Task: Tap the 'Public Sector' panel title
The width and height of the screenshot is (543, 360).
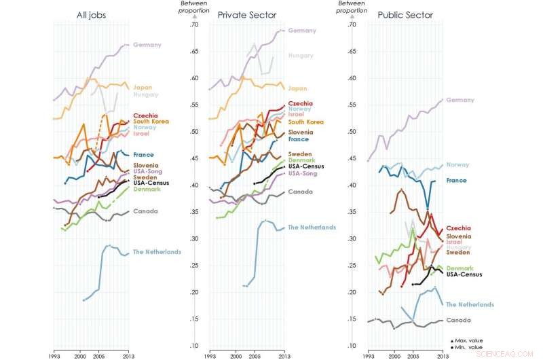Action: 401,14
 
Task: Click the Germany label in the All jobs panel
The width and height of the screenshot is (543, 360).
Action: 147,45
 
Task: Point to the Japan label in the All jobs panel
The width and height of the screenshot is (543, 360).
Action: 143,87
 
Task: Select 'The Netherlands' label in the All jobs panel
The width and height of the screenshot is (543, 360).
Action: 157,252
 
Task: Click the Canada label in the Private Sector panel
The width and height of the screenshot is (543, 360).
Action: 299,192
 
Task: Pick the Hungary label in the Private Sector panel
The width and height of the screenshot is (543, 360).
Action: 301,56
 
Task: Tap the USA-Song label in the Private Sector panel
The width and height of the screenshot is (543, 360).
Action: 303,173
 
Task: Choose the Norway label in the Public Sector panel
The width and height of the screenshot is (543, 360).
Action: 457,165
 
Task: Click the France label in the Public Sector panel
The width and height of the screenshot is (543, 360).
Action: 456,180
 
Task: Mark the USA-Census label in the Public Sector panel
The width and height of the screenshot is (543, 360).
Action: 464,274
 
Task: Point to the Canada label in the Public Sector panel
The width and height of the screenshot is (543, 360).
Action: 457,320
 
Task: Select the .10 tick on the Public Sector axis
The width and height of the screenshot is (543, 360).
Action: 351,346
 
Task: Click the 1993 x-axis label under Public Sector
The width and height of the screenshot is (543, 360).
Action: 367,355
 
